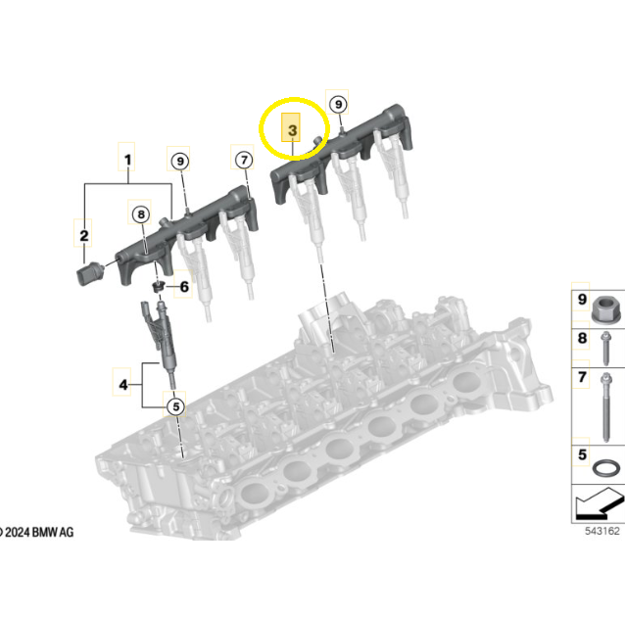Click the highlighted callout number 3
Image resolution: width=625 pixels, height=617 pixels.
point(292,130)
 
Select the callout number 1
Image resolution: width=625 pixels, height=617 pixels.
point(127,160)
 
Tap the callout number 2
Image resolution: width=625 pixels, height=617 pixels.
point(83,235)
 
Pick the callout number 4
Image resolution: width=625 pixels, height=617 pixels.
point(123,384)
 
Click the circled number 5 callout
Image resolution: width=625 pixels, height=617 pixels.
point(175,406)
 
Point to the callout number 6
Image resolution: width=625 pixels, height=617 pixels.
point(184,286)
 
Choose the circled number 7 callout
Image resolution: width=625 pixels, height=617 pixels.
point(244,160)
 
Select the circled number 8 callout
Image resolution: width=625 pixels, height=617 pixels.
point(141,214)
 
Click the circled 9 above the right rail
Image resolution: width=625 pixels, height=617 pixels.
point(338,105)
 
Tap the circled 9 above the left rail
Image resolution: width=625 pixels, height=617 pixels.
point(180,161)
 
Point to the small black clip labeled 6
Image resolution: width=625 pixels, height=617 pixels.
point(159,286)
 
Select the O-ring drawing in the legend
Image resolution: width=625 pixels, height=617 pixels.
point(605,467)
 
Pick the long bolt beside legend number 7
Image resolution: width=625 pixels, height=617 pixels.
point(605,407)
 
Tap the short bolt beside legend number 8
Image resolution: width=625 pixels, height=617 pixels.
point(605,349)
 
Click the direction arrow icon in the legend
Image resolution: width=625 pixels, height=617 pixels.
point(600,503)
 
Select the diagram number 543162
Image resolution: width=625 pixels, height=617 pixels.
point(602,531)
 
